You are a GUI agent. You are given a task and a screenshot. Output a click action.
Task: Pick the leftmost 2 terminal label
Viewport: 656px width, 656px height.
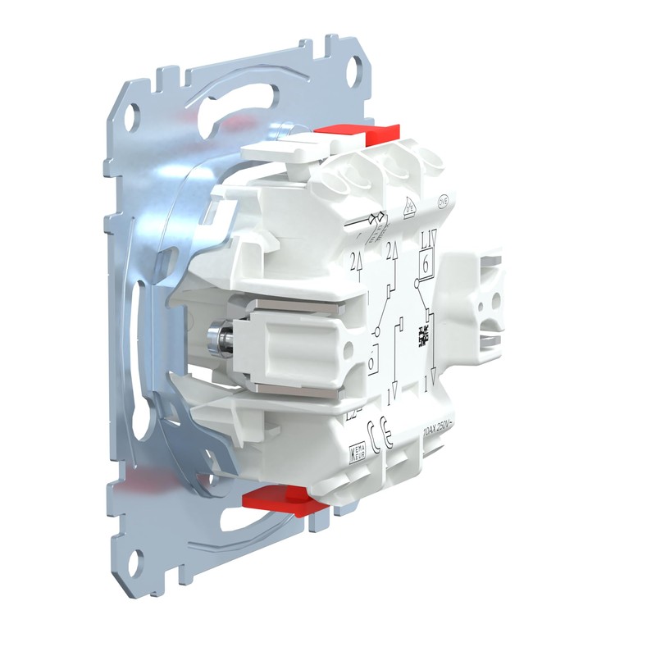click(x=354, y=262)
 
